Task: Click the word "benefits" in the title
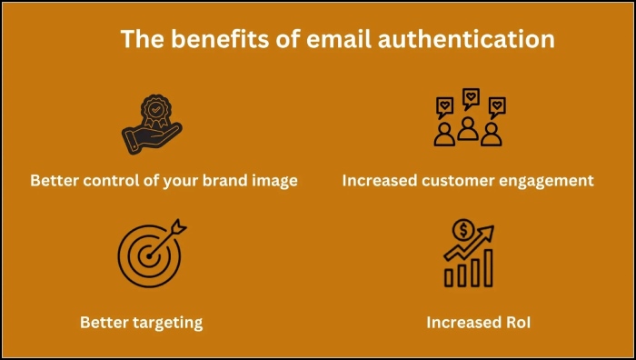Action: tap(211, 40)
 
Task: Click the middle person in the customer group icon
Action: tap(469, 127)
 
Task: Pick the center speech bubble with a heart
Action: tap(470, 95)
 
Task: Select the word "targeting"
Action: tap(170, 322)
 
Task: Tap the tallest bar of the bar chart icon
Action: tap(488, 265)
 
